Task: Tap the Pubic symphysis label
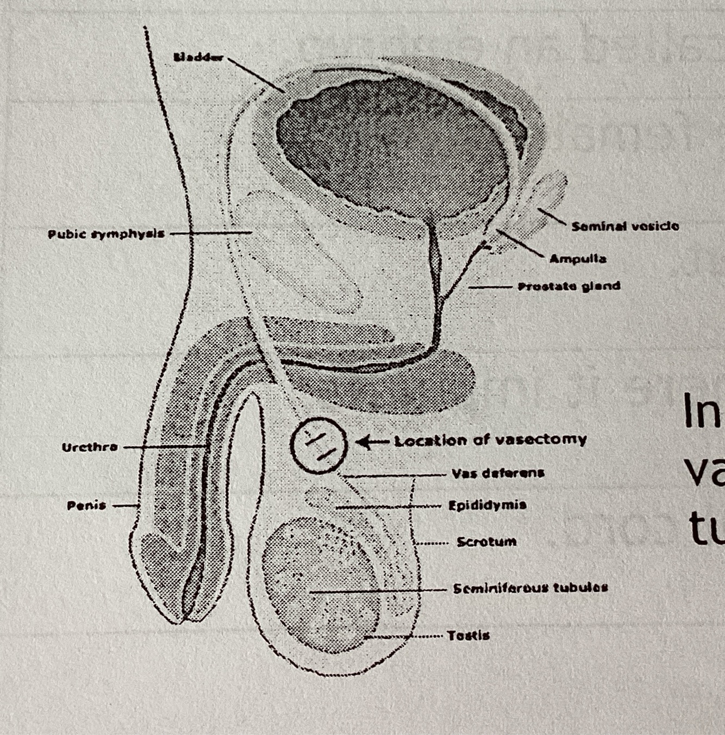[106, 234]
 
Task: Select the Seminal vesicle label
[625, 226]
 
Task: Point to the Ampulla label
[578, 259]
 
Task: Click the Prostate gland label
[569, 286]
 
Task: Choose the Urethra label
[90, 447]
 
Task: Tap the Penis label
[86, 505]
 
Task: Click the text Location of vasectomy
[491, 440]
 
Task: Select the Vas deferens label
[498, 473]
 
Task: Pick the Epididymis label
[487, 505]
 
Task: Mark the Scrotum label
[486, 542]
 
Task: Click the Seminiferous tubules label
[530, 588]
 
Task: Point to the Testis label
[468, 635]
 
